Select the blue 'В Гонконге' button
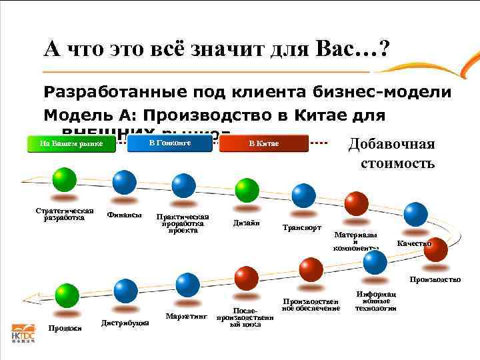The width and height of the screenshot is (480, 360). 169,143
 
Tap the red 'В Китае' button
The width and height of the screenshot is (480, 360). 264,144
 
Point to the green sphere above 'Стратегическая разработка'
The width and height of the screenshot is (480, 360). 65,180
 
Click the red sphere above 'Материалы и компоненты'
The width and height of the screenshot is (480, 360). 357,203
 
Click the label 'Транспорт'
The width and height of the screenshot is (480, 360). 302,227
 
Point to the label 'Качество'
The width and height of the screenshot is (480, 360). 414,243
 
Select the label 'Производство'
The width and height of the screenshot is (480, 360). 435,279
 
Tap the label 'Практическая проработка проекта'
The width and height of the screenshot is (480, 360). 182,223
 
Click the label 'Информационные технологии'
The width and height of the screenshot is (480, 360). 376,301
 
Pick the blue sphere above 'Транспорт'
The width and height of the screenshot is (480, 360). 303,195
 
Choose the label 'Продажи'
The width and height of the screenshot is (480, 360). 65,327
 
